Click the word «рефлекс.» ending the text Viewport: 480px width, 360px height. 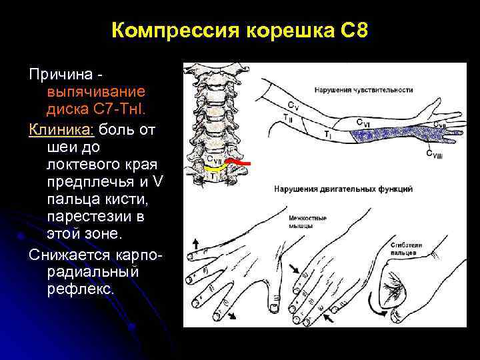(81, 289)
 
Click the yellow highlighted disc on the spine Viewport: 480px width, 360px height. (213, 169)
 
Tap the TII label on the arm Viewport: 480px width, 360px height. (287, 117)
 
